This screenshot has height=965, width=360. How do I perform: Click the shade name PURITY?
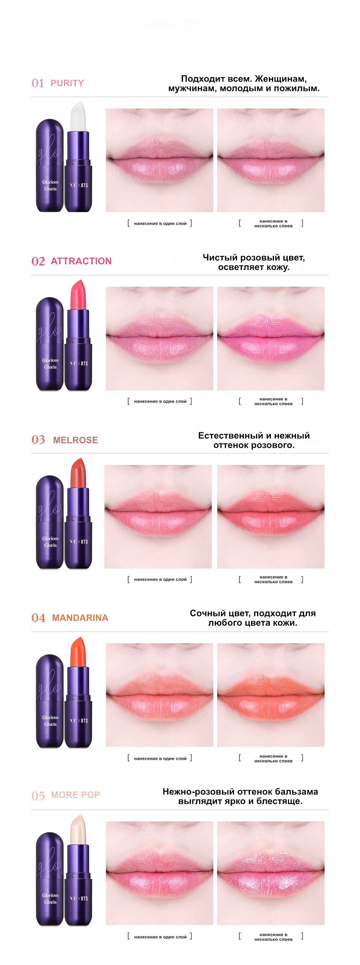point(67,83)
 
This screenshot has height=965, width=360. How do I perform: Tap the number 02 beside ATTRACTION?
point(38,261)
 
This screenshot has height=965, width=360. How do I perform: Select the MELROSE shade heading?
point(75,440)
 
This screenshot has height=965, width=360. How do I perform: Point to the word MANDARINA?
point(80,618)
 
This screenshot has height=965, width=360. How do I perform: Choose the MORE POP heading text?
point(75,795)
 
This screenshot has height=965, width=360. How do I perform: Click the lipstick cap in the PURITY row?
point(50,165)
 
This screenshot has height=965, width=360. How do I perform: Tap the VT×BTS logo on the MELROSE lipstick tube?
point(79,542)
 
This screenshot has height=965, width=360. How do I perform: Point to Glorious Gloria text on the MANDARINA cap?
point(50,721)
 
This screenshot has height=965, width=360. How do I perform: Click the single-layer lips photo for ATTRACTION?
point(160,339)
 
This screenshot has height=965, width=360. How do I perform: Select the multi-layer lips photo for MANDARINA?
point(271,695)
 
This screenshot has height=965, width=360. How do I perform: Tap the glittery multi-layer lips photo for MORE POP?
point(271,873)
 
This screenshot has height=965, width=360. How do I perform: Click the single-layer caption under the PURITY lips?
point(160,224)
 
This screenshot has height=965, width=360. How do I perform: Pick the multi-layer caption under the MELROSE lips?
point(271,580)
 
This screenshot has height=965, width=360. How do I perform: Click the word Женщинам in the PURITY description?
point(281,79)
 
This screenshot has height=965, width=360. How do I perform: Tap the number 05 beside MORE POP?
point(38,796)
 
